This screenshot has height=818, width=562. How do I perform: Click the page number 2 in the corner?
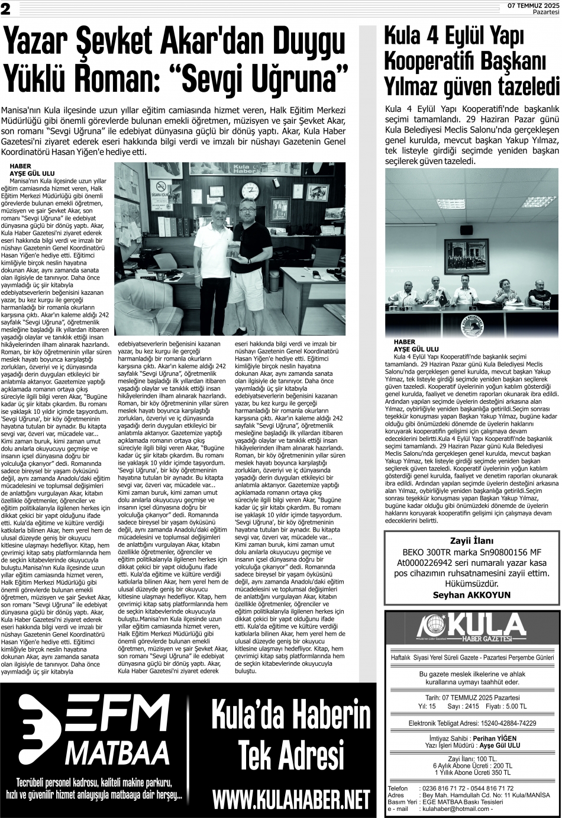pos(5,7)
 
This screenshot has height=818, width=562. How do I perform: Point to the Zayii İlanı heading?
pos(471,540)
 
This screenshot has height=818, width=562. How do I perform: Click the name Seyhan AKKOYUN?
pos(471,595)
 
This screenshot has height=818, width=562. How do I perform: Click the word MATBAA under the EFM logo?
pos(117,752)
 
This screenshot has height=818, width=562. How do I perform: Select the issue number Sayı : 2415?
pos(463,707)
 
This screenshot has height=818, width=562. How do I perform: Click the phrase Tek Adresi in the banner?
pos(290,756)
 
